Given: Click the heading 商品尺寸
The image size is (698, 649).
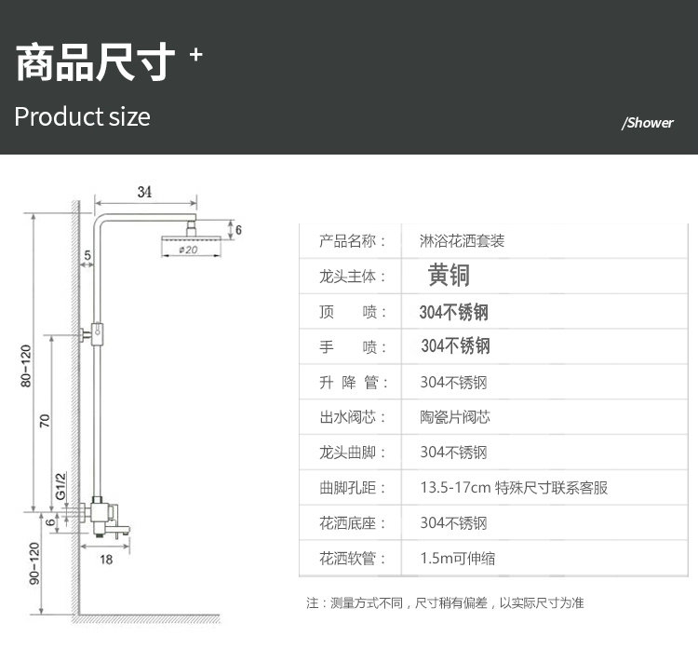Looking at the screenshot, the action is (x=96, y=61).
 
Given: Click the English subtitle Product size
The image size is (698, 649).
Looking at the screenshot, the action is (x=82, y=116).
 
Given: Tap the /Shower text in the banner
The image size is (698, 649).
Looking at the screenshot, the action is (x=647, y=123).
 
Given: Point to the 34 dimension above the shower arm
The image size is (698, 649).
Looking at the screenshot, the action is (x=144, y=192).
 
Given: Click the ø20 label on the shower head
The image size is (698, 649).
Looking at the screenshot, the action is (x=186, y=250).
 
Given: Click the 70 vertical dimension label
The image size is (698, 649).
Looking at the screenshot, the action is (x=45, y=420).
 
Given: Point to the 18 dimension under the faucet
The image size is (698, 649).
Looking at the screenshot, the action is (x=106, y=560).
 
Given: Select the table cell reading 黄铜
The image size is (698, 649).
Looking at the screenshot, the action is (x=449, y=276).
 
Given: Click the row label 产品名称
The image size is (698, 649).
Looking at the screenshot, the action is (x=352, y=240).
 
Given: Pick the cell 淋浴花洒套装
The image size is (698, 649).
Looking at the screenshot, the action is (x=463, y=240).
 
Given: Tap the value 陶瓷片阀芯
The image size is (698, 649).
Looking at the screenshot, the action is (x=454, y=417).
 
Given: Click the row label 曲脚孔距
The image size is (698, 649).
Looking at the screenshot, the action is (x=352, y=488).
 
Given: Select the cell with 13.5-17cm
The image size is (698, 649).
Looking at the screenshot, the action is (x=514, y=488).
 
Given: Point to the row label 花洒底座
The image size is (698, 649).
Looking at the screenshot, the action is (x=352, y=523).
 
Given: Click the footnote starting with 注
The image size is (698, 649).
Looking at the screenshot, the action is (x=445, y=602).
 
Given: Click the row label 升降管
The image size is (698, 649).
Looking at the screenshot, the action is (x=352, y=382).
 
